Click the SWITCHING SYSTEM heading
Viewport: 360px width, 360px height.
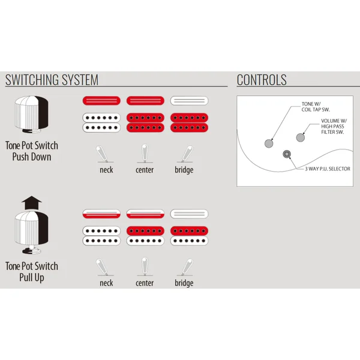[52, 80]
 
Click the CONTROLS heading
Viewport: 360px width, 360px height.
[262, 80]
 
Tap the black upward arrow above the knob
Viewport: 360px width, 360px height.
[32, 203]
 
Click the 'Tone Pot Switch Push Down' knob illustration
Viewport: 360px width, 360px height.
[32, 115]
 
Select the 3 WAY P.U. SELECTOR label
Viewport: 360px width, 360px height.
[328, 169]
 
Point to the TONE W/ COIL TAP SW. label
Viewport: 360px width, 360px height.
[316, 107]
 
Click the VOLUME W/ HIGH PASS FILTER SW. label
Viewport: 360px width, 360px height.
[334, 126]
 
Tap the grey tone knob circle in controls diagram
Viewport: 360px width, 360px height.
[269, 143]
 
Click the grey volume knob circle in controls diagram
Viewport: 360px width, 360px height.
[301, 137]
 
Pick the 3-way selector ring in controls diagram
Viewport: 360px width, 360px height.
[287, 154]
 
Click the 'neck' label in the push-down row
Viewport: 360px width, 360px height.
[106, 170]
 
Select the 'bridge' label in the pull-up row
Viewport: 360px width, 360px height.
[184, 283]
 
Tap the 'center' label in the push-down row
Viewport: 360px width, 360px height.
[145, 170]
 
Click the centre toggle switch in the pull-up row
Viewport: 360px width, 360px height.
[145, 266]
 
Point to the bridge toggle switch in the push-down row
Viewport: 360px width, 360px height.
[185, 154]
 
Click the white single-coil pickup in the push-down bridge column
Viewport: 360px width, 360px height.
[189, 101]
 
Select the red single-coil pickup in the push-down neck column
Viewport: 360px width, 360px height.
[101, 101]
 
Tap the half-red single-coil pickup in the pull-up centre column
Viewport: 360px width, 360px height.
[145, 214]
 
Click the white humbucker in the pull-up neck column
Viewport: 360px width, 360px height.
[101, 236]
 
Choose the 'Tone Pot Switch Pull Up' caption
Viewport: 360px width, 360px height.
[32, 272]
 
